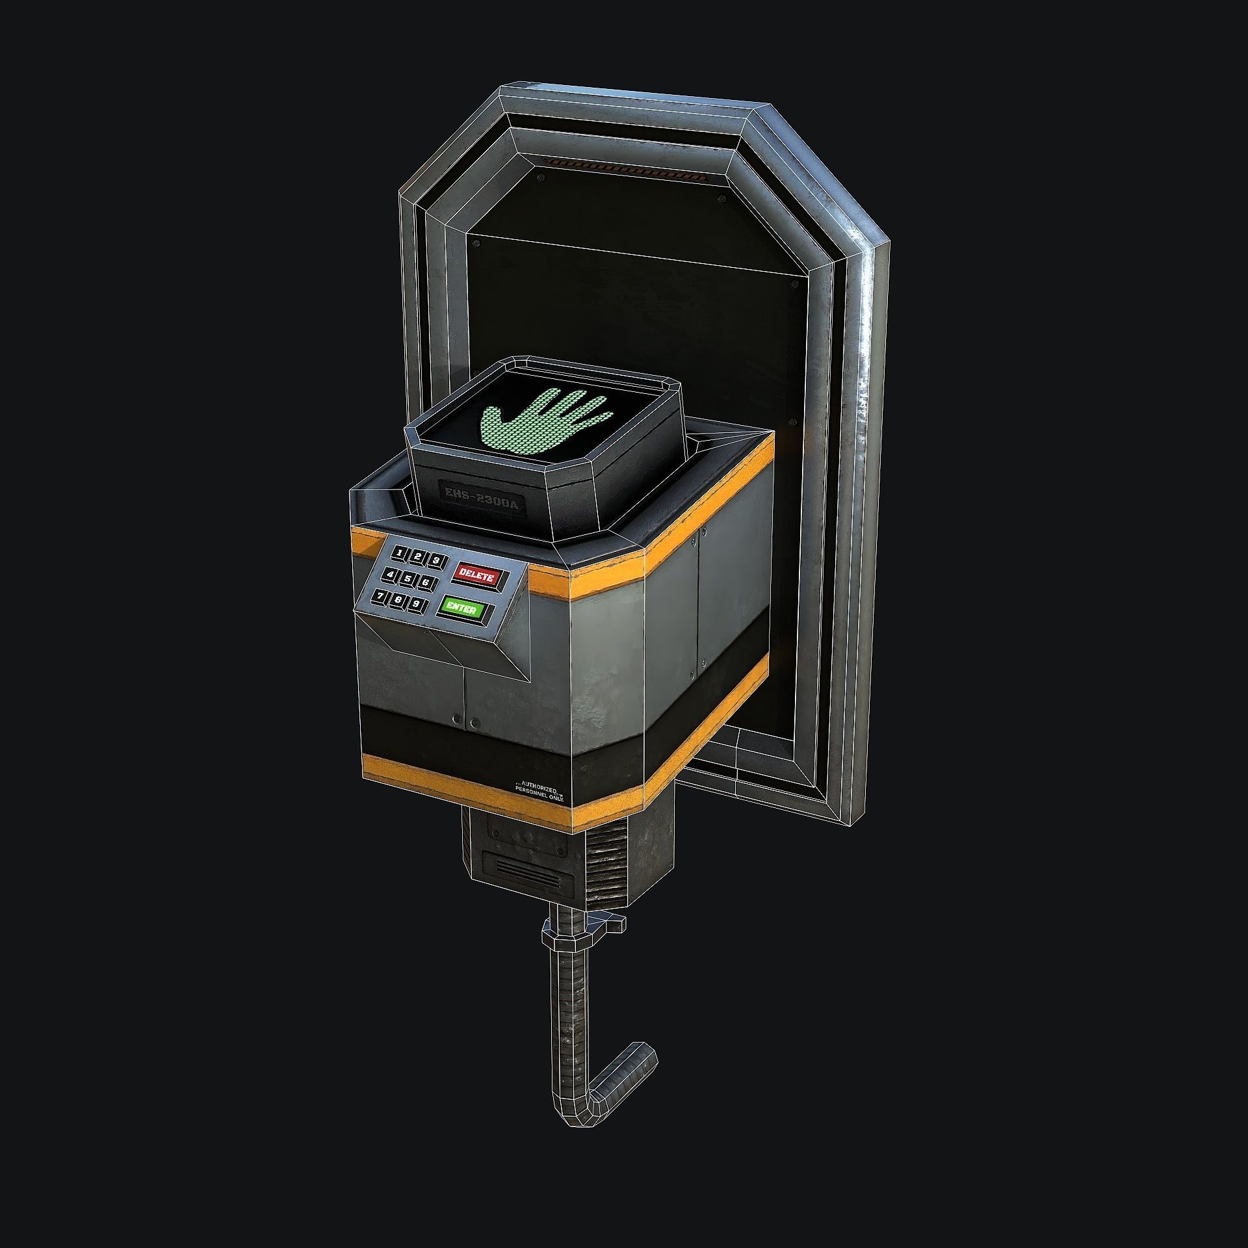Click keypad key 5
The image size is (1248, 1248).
pyautogui.click(x=408, y=578)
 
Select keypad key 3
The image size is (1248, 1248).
pyautogui.click(x=437, y=560)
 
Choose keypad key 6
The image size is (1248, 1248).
pyautogui.click(x=426, y=582)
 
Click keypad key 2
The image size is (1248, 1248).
pyautogui.click(x=418, y=556)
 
